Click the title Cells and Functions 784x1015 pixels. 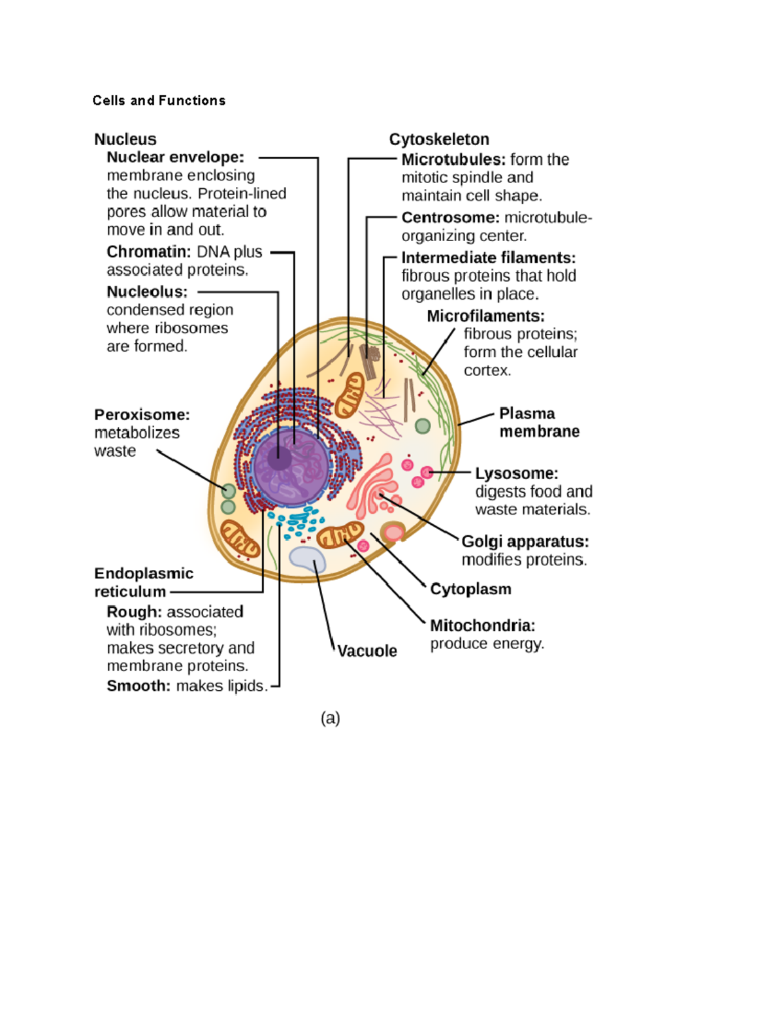[x=159, y=101]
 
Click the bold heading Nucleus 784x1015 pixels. [x=125, y=139]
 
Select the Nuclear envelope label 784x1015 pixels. [x=175, y=158]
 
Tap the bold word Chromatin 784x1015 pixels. [x=148, y=252]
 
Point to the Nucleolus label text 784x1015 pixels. [x=147, y=291]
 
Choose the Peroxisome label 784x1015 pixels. [x=142, y=414]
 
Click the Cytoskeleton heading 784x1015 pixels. [x=439, y=139]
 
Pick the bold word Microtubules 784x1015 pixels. [x=453, y=159]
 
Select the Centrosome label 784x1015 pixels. [x=450, y=218]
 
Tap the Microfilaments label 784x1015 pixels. [x=485, y=316]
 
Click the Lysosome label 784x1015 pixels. [x=516, y=473]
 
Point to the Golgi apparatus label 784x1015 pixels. [x=525, y=541]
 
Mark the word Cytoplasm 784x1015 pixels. [x=470, y=589]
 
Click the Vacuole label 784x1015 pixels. [x=367, y=651]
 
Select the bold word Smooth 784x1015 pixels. [x=139, y=686]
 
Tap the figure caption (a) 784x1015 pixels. [x=330, y=718]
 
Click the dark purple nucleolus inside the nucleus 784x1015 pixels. [x=280, y=458]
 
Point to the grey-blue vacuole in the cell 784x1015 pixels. [x=308, y=559]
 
